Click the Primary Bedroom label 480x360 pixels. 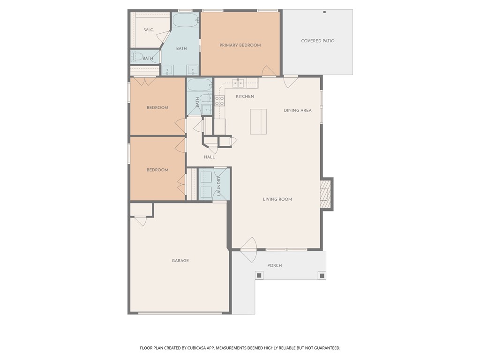[240, 45]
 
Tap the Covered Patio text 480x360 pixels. [317, 41]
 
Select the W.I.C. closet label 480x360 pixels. [149, 30]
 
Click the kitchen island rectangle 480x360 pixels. [258, 121]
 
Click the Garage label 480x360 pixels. [180, 261]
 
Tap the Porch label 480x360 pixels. [274, 265]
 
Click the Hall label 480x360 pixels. [209, 157]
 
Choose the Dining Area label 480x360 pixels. [298, 111]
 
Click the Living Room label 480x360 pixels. [277, 199]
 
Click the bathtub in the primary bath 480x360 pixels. [186, 21]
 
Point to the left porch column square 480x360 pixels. [259, 275]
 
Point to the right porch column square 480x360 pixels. [322, 275]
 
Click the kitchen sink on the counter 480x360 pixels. [239, 83]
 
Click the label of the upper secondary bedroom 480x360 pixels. [157, 108]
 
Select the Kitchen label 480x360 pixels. [245, 97]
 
